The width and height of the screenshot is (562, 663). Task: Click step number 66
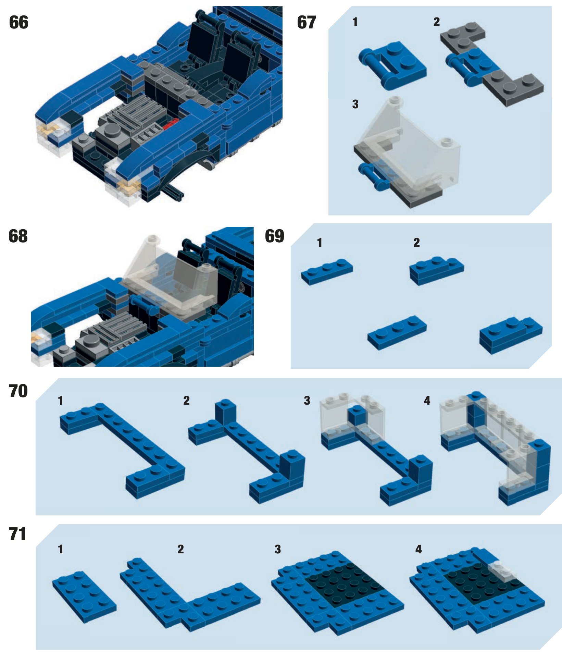19,23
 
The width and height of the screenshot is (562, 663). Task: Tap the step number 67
307,23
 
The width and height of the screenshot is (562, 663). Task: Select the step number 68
18,236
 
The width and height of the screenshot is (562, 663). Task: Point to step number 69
275,236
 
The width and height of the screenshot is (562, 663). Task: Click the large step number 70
18,391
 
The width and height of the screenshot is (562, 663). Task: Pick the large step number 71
17,534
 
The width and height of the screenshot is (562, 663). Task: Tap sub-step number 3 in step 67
355,104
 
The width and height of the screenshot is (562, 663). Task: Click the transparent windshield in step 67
408,144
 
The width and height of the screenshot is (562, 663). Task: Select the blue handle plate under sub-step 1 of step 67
392,65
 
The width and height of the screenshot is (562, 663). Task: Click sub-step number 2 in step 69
416,243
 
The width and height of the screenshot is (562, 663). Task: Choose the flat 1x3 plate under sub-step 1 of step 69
327,272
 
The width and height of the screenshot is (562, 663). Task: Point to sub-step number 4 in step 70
427,401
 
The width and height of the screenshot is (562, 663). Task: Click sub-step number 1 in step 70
61,401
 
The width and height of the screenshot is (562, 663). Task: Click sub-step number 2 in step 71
181,550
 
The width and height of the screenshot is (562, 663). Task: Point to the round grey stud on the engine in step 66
112,130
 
